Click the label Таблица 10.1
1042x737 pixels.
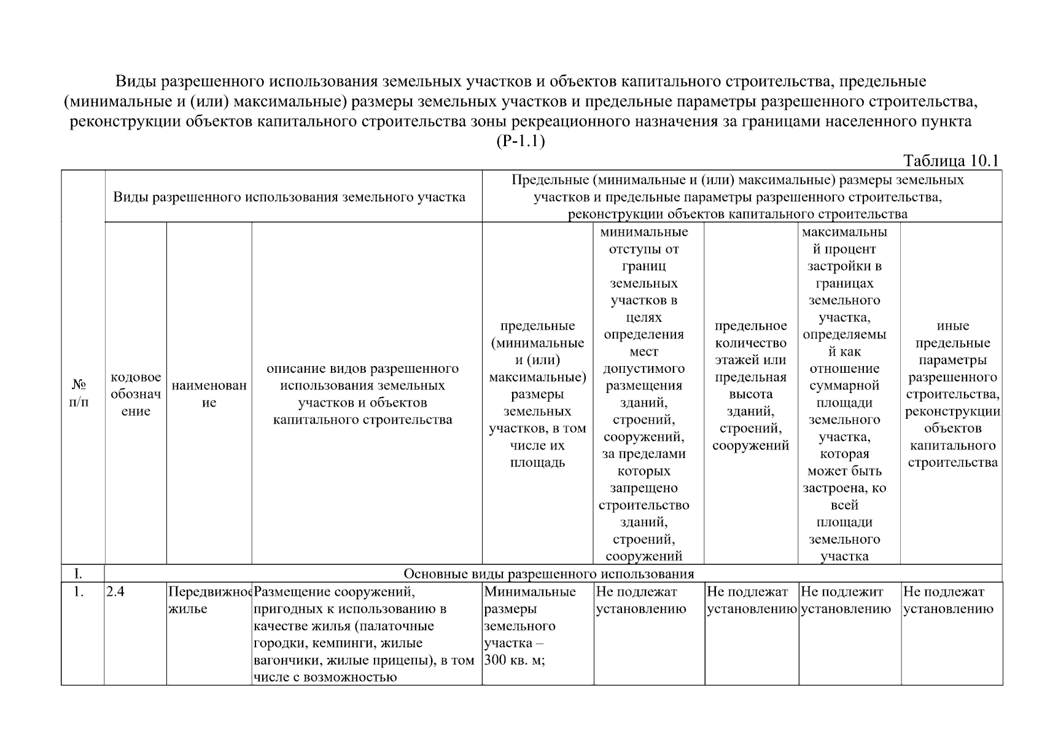(951, 161)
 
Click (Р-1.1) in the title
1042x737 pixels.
(520, 141)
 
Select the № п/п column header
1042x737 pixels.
(79, 394)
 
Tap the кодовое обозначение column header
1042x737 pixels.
(136, 394)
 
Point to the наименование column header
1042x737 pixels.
(209, 394)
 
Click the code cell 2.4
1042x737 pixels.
(115, 592)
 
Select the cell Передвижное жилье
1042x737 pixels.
(209, 600)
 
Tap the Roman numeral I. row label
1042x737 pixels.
(79, 574)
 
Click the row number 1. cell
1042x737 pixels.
(79, 592)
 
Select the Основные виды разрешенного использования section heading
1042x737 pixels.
(548, 574)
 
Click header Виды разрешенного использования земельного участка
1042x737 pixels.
(289, 197)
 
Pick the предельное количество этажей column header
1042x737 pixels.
(750, 385)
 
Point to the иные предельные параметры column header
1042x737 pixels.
(952, 394)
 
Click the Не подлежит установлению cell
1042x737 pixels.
(846, 600)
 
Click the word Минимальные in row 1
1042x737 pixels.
(530, 592)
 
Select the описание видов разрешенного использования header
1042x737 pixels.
(362, 394)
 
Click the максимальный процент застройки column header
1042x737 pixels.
(844, 394)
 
